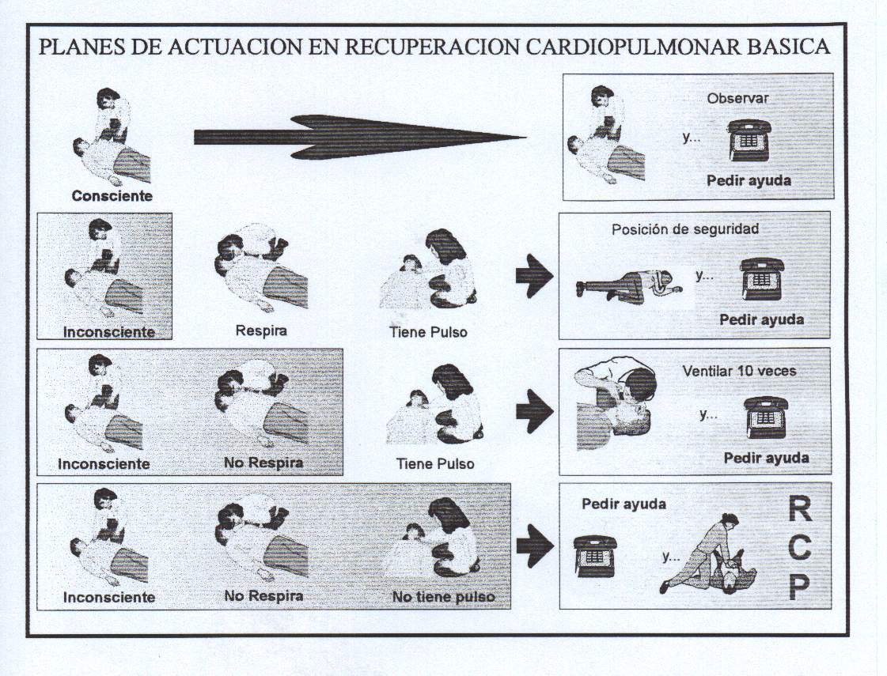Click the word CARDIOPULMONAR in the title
point(631,46)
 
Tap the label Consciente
point(112,195)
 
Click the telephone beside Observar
point(749,140)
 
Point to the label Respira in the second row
point(261,330)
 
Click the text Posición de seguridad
point(685,230)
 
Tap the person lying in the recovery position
point(625,284)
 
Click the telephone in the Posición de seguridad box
point(761,279)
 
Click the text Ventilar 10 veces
point(739,371)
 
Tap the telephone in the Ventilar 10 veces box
point(765,417)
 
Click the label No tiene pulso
point(443,597)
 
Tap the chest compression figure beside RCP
point(710,555)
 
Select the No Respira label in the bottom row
point(263,596)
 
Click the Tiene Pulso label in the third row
point(435,464)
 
